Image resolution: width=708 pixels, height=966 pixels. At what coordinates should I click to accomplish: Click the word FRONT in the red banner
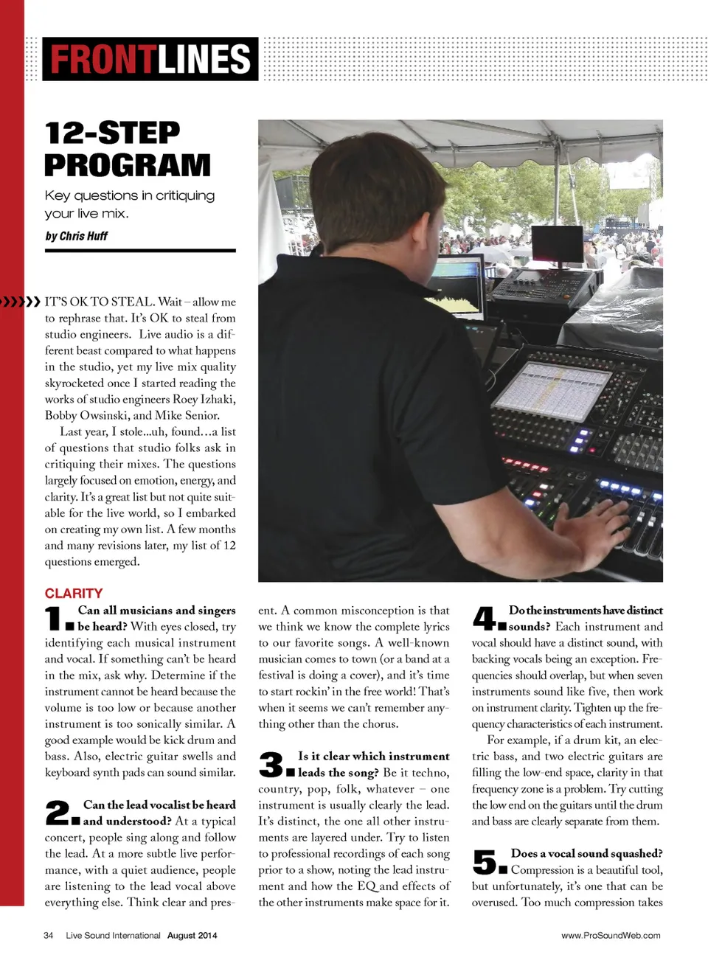click(103, 59)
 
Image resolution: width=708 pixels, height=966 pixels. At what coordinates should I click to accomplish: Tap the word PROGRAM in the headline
click(127, 165)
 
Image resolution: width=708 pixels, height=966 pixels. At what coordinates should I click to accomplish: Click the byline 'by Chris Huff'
click(76, 236)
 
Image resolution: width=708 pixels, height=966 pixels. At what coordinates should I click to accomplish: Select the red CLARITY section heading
click(74, 593)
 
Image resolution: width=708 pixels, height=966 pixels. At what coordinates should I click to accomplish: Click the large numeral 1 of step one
click(54, 619)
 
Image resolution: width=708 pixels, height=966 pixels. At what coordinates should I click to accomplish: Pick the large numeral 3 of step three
click(271, 764)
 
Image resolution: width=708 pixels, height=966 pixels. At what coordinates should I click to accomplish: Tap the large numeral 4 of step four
click(485, 618)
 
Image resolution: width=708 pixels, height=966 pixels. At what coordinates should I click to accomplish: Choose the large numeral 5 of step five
click(485, 861)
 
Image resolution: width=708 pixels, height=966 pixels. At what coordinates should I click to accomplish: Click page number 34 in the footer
click(49, 935)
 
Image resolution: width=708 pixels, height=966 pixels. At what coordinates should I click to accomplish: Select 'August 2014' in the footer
click(192, 935)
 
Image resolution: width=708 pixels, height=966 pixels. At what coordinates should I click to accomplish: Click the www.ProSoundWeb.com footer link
click(611, 935)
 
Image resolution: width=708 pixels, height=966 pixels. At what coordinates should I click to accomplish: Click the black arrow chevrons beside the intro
click(20, 302)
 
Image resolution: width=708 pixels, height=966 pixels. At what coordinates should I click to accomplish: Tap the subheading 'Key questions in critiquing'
click(130, 195)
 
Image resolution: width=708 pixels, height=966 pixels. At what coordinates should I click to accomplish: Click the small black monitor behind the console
click(558, 244)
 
